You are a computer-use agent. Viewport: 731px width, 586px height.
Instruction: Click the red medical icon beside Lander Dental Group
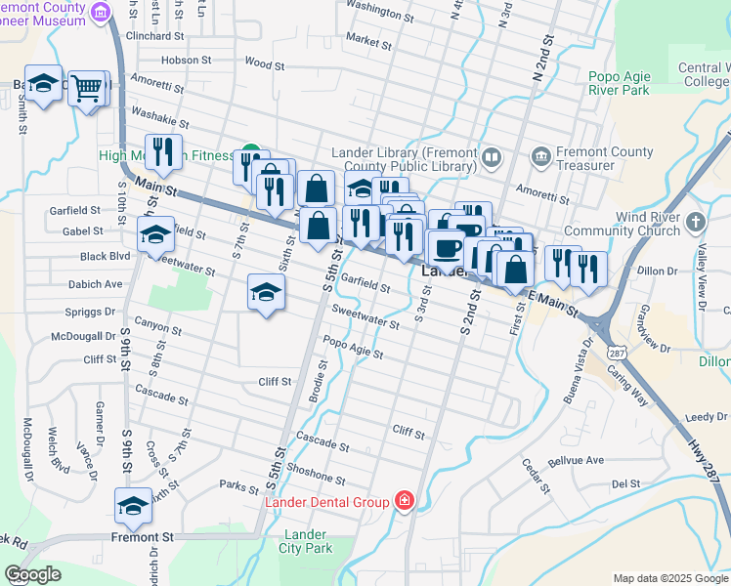point(405,501)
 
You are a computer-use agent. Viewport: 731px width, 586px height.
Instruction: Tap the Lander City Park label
point(307,541)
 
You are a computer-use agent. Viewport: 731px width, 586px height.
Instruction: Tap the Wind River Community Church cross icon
point(695,222)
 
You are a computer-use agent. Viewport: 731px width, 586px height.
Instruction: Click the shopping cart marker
point(87,89)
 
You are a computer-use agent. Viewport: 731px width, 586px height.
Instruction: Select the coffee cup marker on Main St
point(448,248)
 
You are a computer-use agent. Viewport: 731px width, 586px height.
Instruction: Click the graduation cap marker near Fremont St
point(133,506)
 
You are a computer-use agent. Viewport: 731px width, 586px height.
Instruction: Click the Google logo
point(32,574)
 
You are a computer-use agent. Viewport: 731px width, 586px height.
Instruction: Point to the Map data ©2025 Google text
point(669,578)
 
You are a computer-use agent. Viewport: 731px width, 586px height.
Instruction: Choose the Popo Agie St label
point(353,347)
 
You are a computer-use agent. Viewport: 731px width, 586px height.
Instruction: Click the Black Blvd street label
point(106,257)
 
